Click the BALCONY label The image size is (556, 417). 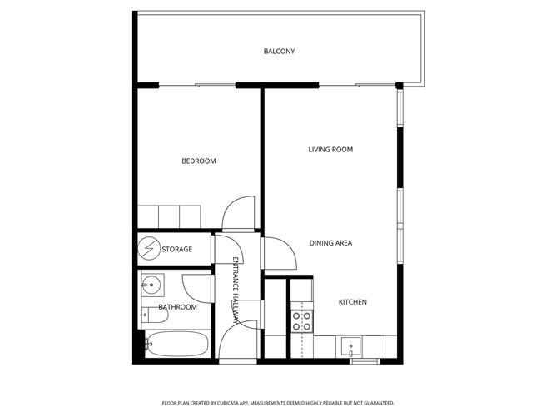(x=279, y=52)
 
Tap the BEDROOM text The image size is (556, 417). (x=199, y=161)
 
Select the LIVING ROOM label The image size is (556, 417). (x=330, y=150)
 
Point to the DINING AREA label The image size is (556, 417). (x=331, y=243)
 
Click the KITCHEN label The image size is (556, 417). (x=352, y=302)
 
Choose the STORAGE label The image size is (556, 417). (x=176, y=249)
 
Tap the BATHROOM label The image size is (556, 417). (x=178, y=307)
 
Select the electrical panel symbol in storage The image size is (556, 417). (x=150, y=248)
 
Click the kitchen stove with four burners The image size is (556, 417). (x=300, y=320)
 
